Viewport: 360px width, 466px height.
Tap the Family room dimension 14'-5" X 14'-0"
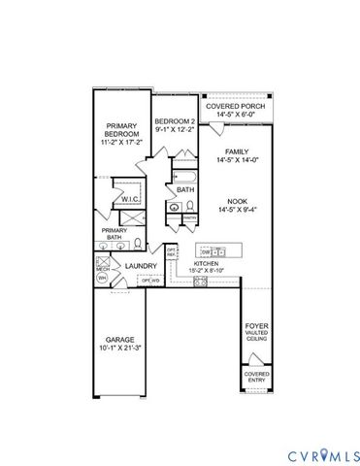coord(236,161)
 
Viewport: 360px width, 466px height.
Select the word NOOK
coord(236,201)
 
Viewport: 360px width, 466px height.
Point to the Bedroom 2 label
coord(175,121)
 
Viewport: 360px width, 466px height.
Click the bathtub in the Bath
coord(184,178)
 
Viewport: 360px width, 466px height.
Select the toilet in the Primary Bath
coord(139,244)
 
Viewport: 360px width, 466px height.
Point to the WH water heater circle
coord(101,279)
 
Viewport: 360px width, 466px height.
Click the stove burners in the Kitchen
coord(201,282)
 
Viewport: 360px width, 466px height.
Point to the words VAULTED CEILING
coord(255,335)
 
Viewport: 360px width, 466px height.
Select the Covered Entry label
coord(256,377)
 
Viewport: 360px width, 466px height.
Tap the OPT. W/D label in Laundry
coord(150,282)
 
